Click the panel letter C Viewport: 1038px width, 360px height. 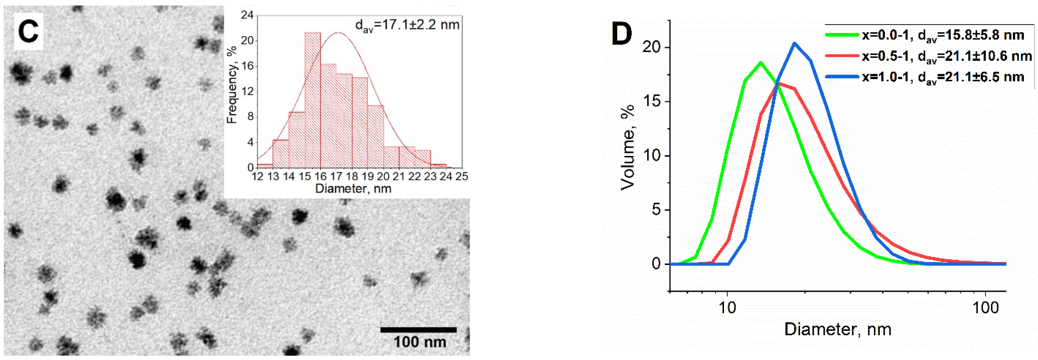[28, 31]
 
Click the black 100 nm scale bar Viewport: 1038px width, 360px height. [418, 330]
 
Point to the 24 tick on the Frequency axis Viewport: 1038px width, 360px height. [247, 15]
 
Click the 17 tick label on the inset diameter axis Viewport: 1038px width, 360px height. [336, 177]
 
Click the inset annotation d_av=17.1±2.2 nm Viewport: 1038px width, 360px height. [407, 25]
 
